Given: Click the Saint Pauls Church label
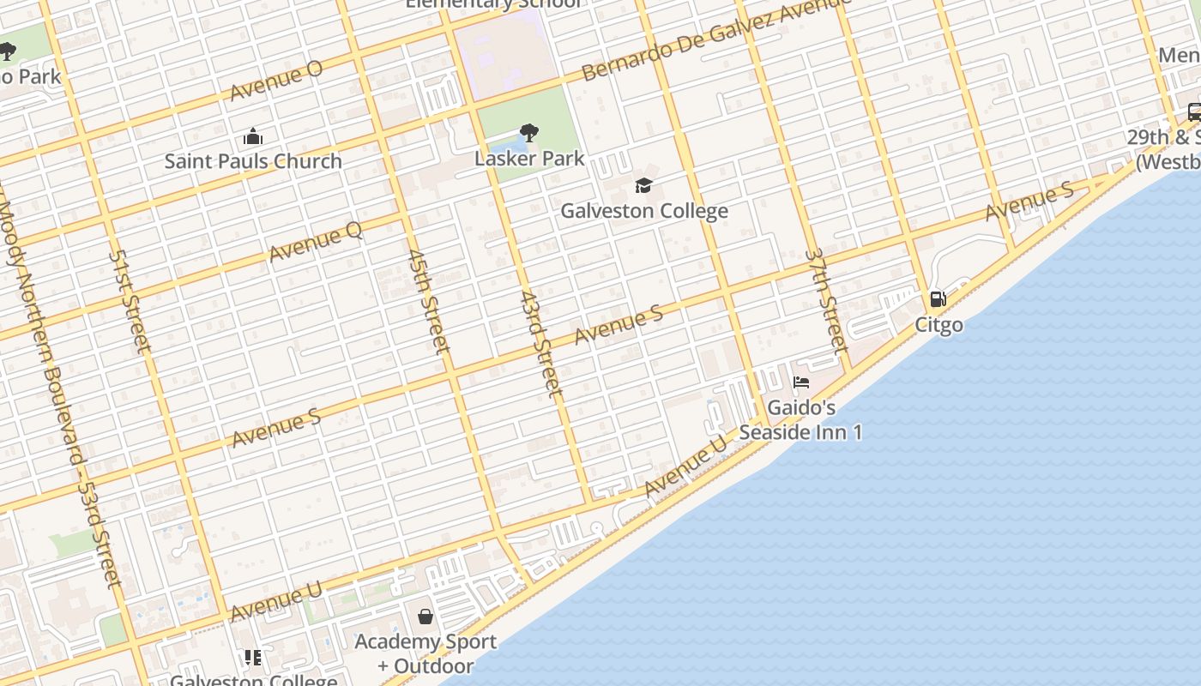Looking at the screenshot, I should tap(253, 160).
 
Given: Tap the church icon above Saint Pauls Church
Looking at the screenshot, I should tap(253, 136).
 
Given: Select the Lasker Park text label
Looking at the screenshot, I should tap(529, 158).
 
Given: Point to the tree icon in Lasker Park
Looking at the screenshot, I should tap(529, 133).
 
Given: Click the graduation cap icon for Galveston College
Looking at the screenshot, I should tap(643, 185).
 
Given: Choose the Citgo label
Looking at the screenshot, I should tap(938, 324).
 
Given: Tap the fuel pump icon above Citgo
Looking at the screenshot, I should tap(938, 299).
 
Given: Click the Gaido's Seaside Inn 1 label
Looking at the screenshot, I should tap(800, 419).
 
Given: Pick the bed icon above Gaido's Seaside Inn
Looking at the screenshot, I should tap(801, 382).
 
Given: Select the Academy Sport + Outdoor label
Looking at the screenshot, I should tap(425, 653).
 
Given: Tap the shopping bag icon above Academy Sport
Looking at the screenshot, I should tap(425, 617).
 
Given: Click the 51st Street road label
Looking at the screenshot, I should tap(130, 301).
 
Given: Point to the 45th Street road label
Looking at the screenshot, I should tap(428, 301).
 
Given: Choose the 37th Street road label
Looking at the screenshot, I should tap(826, 300).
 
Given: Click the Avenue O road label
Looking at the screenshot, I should tap(276, 81).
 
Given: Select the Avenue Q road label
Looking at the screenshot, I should tap(315, 241).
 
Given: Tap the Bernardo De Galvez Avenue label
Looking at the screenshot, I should tap(715, 39).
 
